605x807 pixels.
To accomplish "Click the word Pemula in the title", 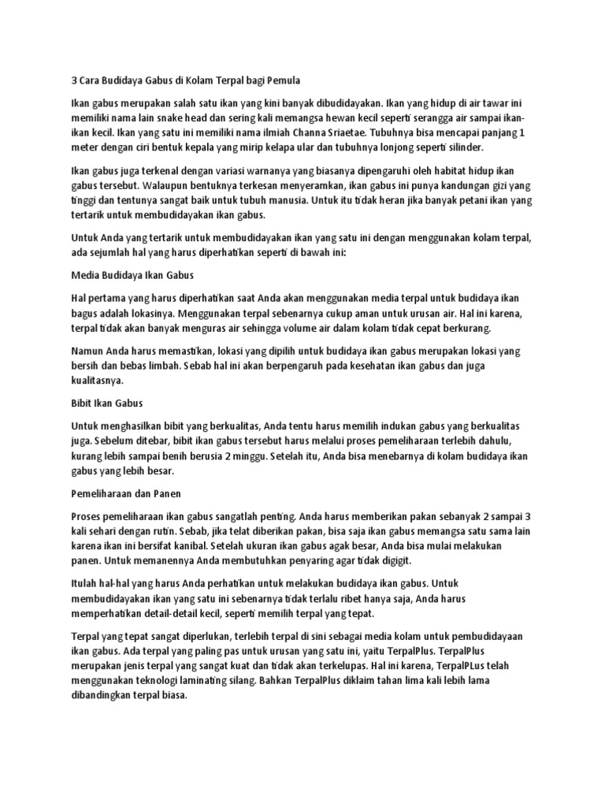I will [x=280, y=80].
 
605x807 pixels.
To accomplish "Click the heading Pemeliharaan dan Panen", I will [x=126, y=494].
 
